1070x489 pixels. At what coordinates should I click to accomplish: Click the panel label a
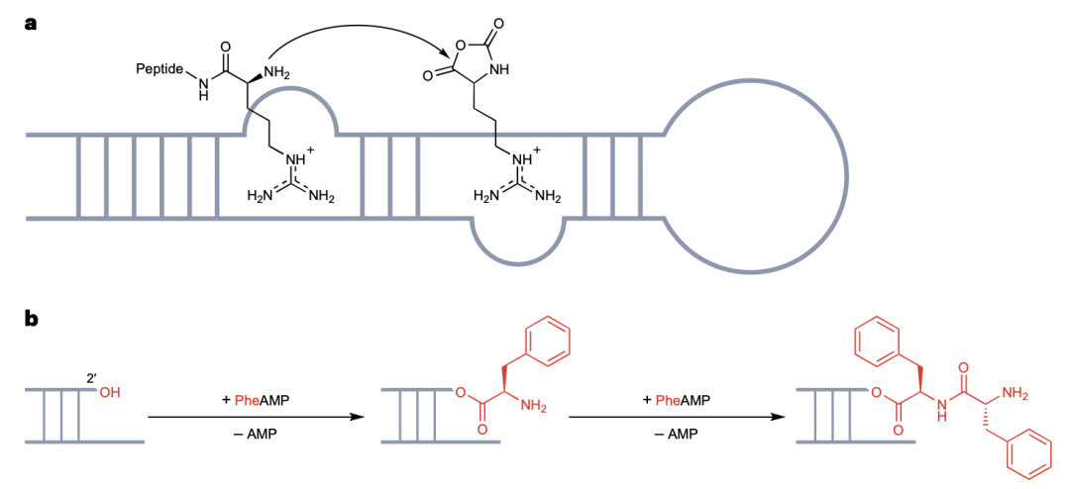[x=31, y=22]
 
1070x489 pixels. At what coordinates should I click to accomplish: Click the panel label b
[x=32, y=319]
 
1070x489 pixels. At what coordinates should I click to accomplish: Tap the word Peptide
[x=159, y=69]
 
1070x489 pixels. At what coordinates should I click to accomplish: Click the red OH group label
[x=110, y=393]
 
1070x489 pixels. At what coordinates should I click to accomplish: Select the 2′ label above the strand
[x=93, y=377]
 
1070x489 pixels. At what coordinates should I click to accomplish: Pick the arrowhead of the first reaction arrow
[x=353, y=417]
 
